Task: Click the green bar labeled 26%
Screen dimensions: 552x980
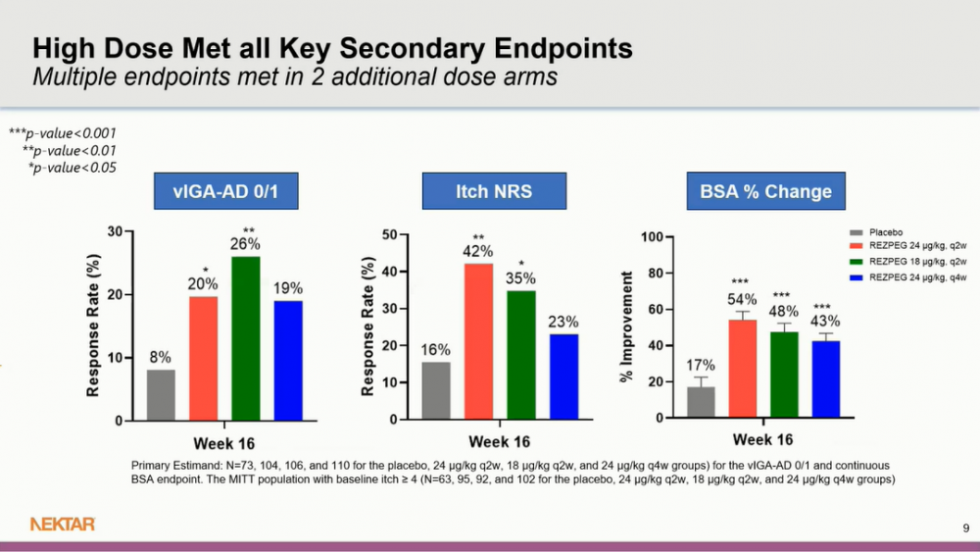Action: (x=245, y=338)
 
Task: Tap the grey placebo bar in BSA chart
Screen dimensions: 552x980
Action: (x=701, y=402)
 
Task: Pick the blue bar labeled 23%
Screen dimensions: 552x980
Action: (x=563, y=376)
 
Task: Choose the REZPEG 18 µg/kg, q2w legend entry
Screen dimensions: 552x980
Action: (x=917, y=263)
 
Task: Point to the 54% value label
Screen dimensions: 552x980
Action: (x=742, y=298)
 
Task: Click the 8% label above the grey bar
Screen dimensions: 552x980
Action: (x=161, y=358)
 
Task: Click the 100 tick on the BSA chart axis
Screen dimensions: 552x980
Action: (x=650, y=237)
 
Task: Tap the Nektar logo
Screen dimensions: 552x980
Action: (x=63, y=525)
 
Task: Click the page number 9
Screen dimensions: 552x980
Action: (x=965, y=528)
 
